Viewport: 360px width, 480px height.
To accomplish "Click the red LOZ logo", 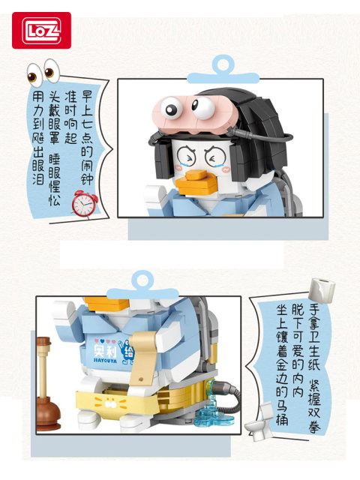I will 41,30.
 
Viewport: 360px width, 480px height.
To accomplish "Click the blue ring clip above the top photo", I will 220,66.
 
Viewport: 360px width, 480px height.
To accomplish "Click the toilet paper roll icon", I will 322,289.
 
